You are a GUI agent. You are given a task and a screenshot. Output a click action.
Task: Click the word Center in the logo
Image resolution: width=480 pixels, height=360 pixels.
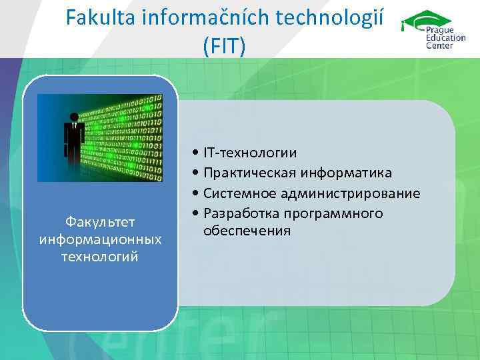[440, 45]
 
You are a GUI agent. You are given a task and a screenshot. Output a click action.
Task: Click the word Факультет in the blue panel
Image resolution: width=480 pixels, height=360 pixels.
[100, 221]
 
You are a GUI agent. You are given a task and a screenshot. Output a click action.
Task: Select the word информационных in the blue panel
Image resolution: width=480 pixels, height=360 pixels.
[100, 239]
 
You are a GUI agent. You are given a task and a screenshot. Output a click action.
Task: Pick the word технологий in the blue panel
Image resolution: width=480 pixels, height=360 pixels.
[100, 256]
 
